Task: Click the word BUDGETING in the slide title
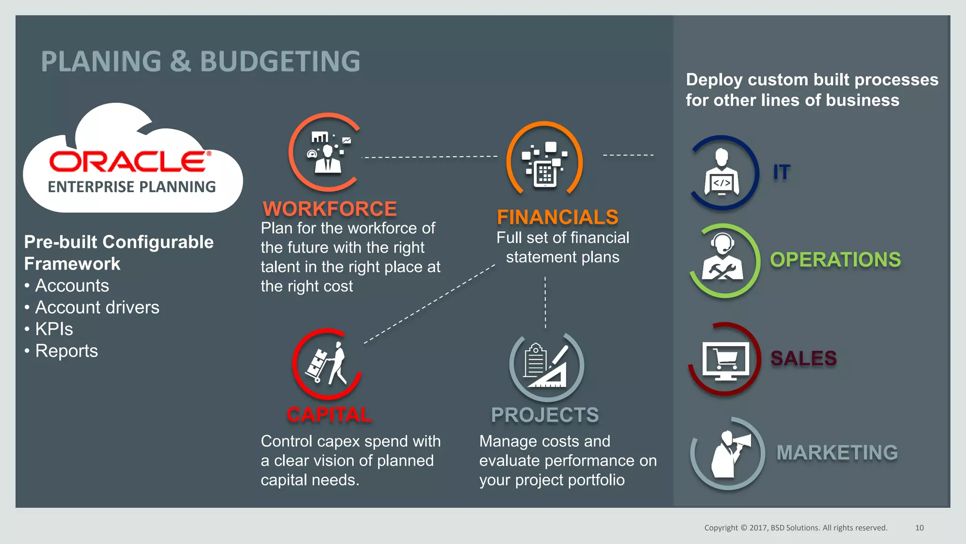coord(280,61)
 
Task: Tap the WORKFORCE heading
coord(330,209)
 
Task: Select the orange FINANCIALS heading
coord(558,217)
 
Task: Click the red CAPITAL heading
coord(329,415)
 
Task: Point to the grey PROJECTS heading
coord(545,415)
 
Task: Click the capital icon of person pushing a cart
coord(327,364)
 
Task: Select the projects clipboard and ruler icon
coord(547,366)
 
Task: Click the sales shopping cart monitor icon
coord(724,360)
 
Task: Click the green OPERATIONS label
coord(835,260)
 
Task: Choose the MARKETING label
coord(837,452)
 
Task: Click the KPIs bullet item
coord(54,329)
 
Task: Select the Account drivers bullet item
coord(97,307)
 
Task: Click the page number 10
coord(919,528)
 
